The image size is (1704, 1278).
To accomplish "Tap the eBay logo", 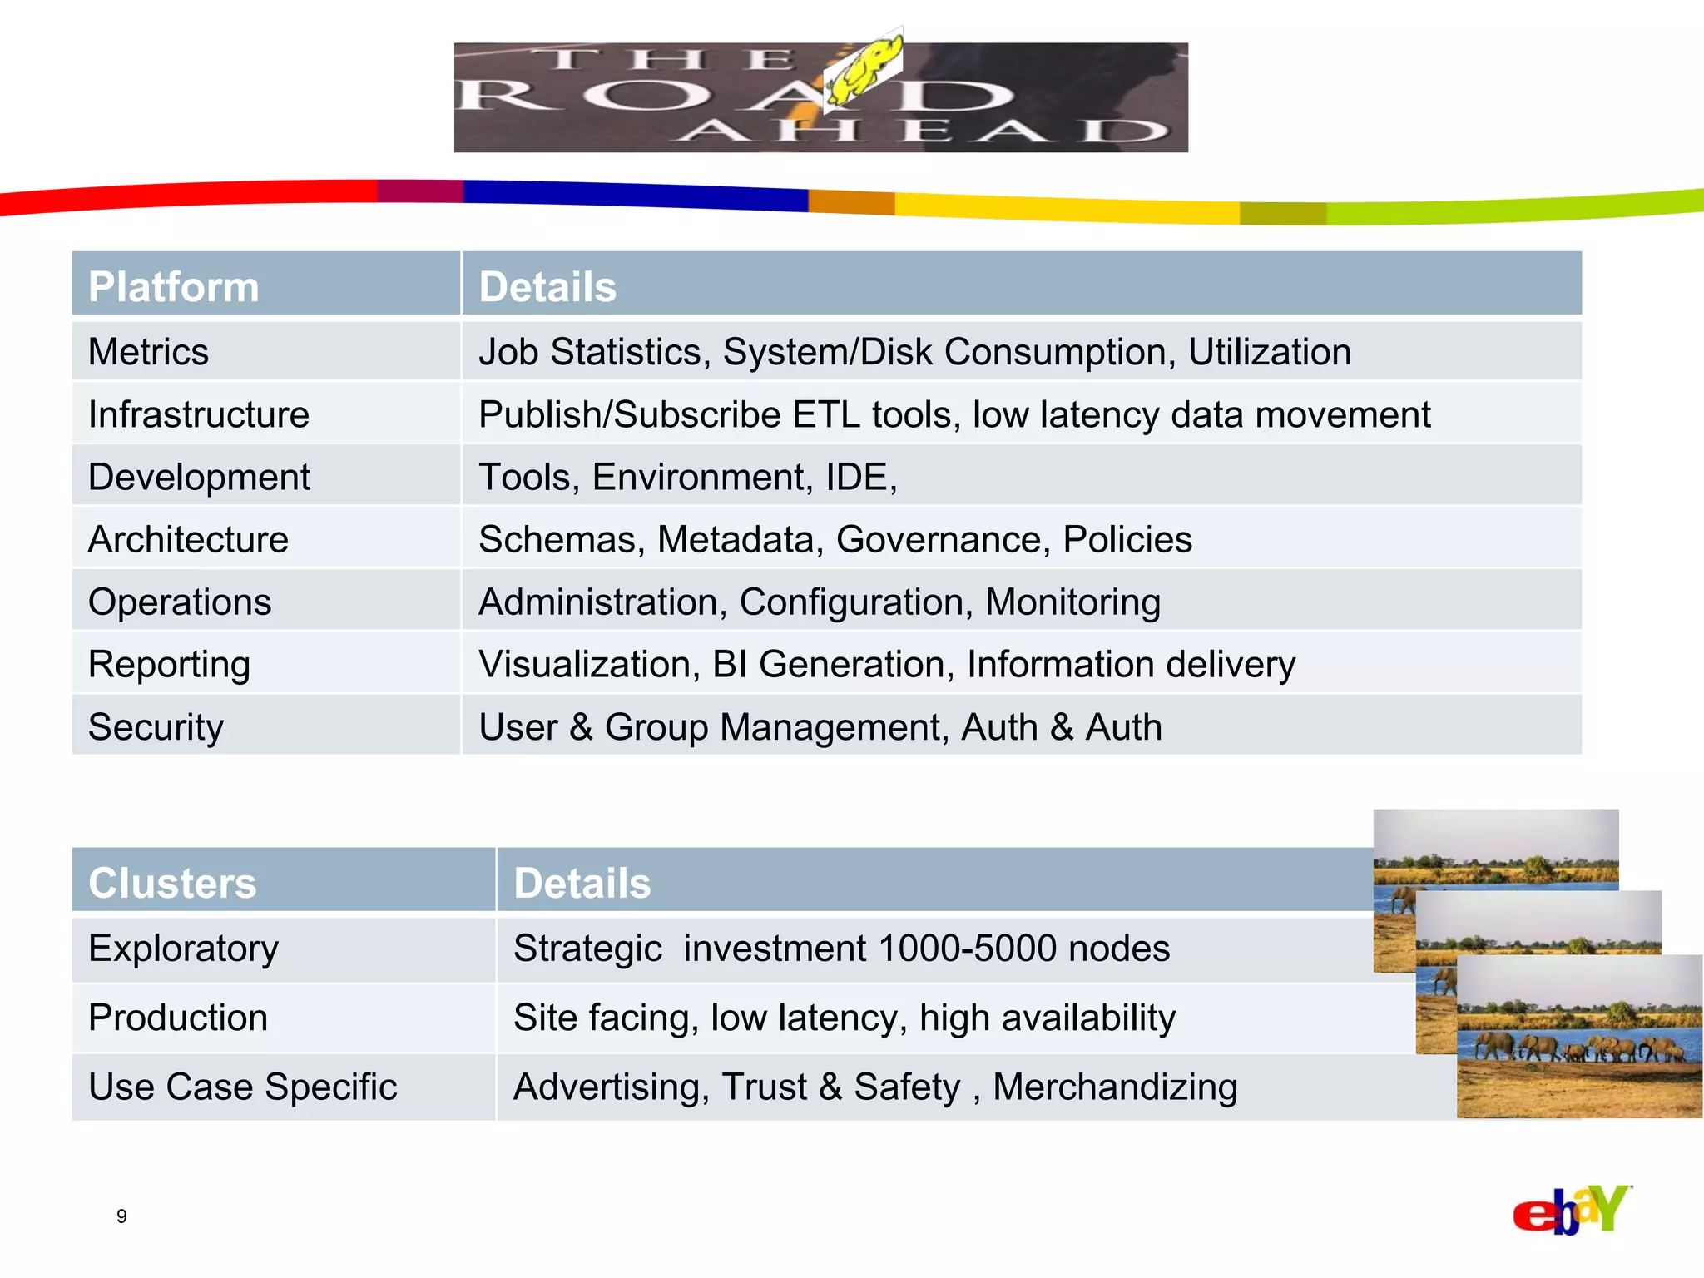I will tap(1571, 1211).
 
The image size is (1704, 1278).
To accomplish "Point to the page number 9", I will tap(121, 1216).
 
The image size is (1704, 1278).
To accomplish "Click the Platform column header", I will tap(174, 287).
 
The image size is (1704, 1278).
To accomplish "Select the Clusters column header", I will tap(172, 883).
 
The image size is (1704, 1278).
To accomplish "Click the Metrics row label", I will tap(148, 352).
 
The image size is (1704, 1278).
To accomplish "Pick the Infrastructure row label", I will tap(199, 414).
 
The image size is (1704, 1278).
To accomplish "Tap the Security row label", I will tap(156, 727).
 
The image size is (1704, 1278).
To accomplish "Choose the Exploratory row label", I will tap(183, 949).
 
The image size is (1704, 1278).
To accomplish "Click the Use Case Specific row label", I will tap(242, 1087).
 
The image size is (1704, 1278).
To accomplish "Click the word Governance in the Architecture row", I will tap(938, 540).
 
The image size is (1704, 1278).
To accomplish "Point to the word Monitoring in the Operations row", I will tap(1072, 602).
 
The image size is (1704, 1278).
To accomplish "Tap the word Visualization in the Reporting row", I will tap(588, 665).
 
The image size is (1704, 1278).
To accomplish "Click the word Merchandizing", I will tap(1115, 1087).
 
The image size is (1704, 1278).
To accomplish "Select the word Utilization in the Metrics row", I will tap(1269, 352).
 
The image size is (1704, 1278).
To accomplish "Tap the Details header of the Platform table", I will tap(547, 287).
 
